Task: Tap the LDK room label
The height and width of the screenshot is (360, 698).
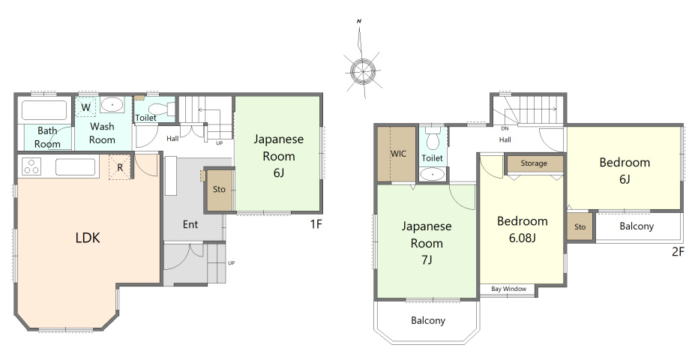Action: point(88,238)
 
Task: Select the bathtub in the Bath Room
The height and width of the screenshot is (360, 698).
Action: point(44,110)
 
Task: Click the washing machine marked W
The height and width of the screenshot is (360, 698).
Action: point(86,107)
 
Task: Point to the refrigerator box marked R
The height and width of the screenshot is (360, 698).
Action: point(120,167)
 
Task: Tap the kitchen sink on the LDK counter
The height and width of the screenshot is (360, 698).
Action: point(75,167)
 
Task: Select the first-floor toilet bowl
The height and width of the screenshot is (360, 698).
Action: point(158,109)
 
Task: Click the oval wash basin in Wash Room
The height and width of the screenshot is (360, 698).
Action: point(112,105)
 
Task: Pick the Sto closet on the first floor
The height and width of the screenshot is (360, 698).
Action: point(219,189)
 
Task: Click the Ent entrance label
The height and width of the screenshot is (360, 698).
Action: point(190,224)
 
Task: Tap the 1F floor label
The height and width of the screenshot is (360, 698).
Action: point(316,224)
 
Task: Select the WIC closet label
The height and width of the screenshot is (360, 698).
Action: point(398,154)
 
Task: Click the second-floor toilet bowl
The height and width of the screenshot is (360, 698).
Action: point(433,139)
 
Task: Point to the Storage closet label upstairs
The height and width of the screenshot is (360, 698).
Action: point(534,163)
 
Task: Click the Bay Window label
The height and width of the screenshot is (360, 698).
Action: point(509,289)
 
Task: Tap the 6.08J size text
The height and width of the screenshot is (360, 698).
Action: point(522,238)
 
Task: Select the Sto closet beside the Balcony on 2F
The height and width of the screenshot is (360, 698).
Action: point(580,226)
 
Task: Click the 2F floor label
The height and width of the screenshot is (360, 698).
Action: point(678,252)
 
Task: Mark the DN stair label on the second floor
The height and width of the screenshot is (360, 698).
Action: point(505,129)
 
